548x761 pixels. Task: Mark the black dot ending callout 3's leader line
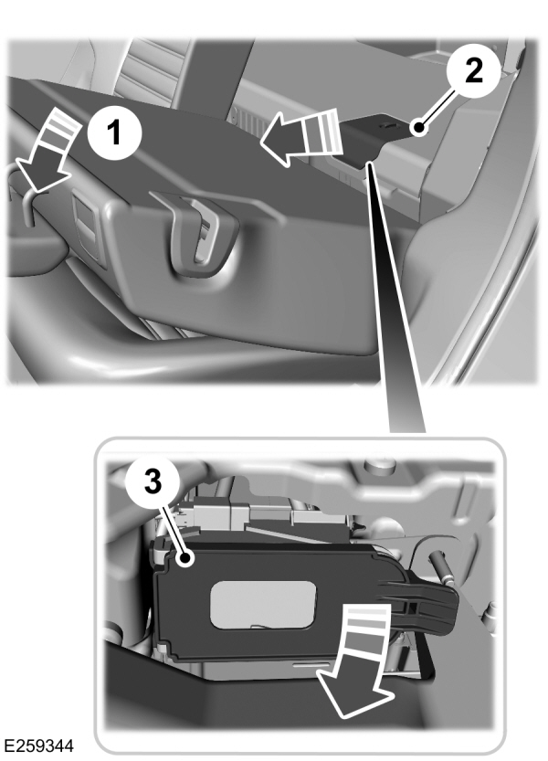pyautogui.click(x=186, y=557)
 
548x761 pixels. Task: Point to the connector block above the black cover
pyautogui.click(x=265, y=517)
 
